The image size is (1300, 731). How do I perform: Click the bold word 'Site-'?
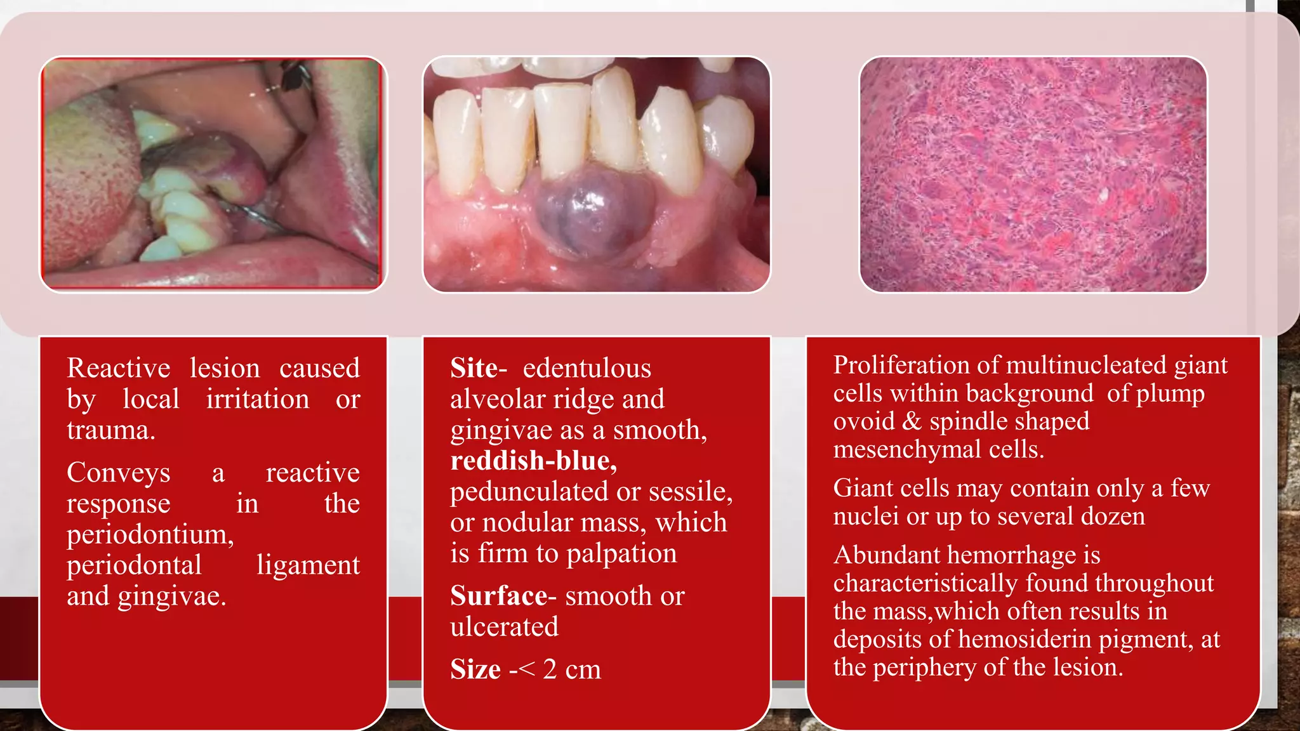[x=478, y=368]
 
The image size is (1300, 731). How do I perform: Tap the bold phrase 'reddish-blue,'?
[x=533, y=461]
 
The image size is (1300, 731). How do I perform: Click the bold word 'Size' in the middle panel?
[x=475, y=669]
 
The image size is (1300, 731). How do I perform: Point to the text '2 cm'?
[x=571, y=669]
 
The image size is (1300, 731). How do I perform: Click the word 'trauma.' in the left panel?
[x=111, y=430]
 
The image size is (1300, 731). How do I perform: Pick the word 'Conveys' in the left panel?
[x=119, y=473]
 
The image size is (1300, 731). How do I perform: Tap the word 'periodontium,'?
[x=150, y=535]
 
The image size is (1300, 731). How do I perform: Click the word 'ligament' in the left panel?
[x=308, y=565]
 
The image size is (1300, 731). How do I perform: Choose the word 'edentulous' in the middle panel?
[x=587, y=368]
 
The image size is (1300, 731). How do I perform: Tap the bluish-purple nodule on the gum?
[x=590, y=216]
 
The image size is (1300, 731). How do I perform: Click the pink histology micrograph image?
[x=1033, y=175]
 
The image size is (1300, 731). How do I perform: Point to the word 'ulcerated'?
[x=504, y=627]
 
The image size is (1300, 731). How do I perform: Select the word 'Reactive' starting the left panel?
[x=119, y=368]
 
